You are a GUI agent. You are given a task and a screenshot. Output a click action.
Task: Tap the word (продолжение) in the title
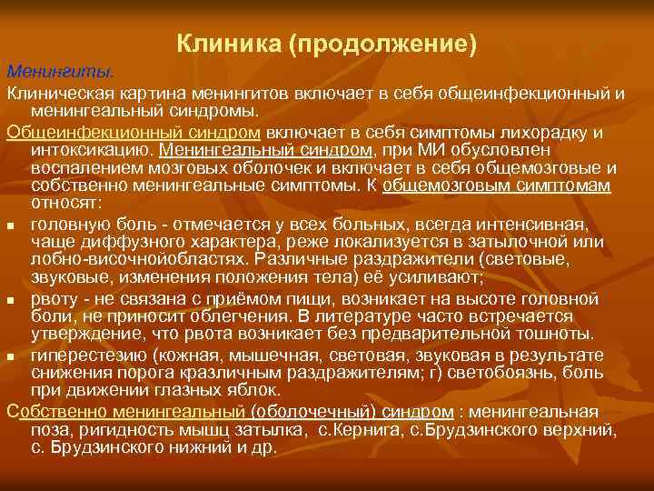tap(381, 43)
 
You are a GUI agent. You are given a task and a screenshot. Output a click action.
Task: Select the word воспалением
tap(81, 168)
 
